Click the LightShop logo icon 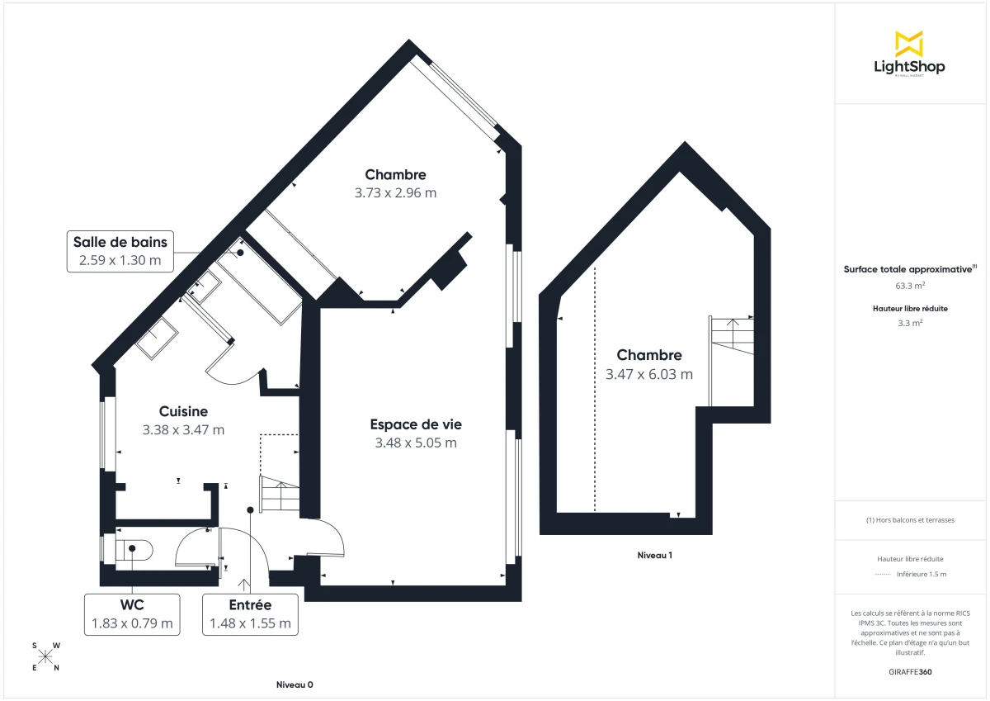(x=909, y=43)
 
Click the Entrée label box (x=250, y=613)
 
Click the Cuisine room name (x=183, y=411)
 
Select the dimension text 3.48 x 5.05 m (x=416, y=443)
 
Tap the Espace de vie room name (x=416, y=424)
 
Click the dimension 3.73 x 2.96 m (x=395, y=193)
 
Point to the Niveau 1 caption (x=654, y=556)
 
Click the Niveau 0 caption (x=295, y=685)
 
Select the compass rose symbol (x=45, y=656)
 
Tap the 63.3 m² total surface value (x=910, y=286)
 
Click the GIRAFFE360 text (x=911, y=672)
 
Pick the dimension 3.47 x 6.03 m (x=649, y=374)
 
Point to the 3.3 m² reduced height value (x=910, y=324)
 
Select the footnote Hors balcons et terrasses (x=910, y=520)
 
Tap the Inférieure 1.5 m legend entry (x=922, y=574)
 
